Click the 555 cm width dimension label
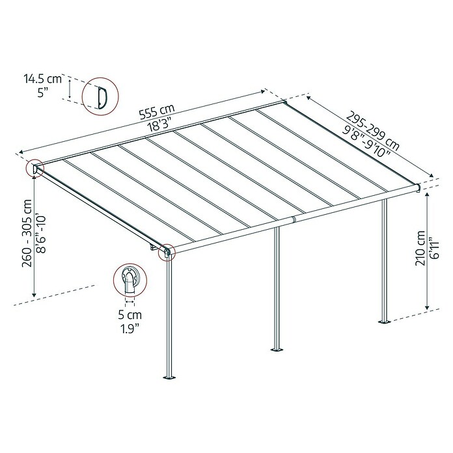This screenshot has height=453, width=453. coord(157,111)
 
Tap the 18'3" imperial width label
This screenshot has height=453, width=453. coord(158,126)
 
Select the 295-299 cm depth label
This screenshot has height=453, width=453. coord(373,131)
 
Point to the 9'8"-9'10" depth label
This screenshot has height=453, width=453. coord(366,142)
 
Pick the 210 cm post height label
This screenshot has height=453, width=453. coord(420,248)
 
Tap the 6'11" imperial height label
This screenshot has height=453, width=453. coord(433,248)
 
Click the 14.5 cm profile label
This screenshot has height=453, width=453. coord(43,79)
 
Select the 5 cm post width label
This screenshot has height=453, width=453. coord(130,314)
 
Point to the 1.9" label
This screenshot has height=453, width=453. coord(130,329)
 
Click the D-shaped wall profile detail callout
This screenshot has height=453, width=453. coord(100,96)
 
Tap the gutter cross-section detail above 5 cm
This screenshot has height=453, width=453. coord(130,280)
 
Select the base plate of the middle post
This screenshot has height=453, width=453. coord(277,350)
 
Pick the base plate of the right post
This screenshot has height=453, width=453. coord(385,322)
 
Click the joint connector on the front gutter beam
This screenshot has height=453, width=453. coord(294,219)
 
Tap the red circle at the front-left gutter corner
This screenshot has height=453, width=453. coord(167,252)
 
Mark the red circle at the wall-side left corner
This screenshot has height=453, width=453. coord(34,168)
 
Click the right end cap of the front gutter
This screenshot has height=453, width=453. coord(418,187)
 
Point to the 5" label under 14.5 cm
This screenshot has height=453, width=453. coord(42,92)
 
